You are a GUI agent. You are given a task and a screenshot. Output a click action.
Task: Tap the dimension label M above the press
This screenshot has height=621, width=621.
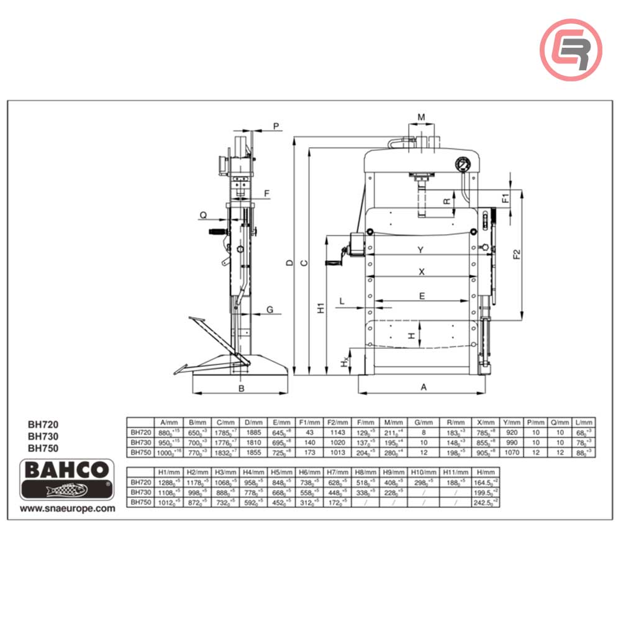(421, 117)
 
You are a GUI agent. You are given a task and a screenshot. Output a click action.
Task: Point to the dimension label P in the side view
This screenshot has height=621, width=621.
(276, 126)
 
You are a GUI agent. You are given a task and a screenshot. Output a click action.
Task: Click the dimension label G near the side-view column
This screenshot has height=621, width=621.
(270, 309)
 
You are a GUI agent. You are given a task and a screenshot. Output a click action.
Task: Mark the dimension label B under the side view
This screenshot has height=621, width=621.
(242, 389)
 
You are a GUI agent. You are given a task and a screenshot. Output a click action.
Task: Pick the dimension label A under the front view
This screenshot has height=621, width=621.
(424, 388)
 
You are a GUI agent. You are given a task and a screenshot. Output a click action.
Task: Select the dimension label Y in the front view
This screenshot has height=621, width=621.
(420, 250)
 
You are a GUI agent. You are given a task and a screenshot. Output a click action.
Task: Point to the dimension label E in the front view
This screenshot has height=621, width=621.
(422, 297)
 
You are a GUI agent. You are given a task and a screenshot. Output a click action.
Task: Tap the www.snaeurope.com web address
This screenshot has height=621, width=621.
(68, 508)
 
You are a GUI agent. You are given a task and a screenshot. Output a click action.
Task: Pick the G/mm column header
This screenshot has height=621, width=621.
(424, 422)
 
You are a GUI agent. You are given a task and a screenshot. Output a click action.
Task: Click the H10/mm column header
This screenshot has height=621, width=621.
(424, 472)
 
